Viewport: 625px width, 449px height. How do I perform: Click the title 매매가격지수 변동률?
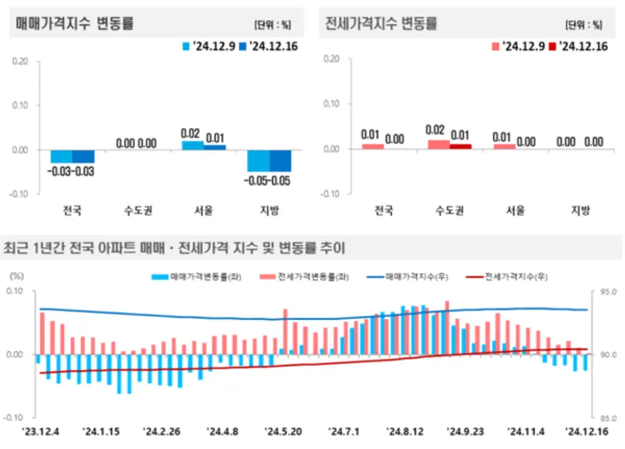coord(74,23)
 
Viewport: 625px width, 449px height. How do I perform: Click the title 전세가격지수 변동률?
coord(382,23)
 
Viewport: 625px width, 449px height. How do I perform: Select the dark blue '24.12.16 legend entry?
coord(264,46)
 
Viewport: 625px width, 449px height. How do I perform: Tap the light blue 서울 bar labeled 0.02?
coord(193,145)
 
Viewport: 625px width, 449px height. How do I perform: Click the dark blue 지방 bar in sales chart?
coord(281,160)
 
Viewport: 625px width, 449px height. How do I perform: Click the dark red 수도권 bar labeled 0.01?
coord(460,146)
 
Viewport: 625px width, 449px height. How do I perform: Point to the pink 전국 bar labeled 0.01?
coord(373,146)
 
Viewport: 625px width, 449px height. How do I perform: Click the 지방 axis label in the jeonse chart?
coord(580,210)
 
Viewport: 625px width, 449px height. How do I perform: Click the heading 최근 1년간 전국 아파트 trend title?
coord(174,247)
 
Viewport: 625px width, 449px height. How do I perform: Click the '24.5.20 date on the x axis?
coord(283,431)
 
